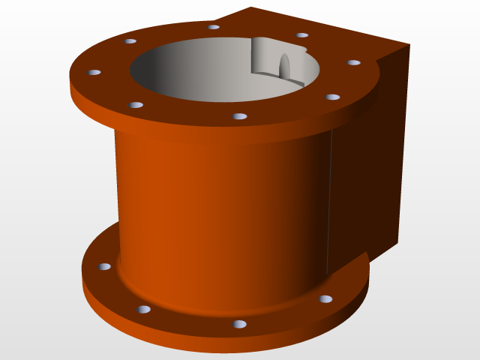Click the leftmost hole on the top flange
(94, 72)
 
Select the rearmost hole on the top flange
(214, 27)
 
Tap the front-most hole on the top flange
(240, 116)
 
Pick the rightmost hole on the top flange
(354, 62)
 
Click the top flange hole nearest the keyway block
(302, 34)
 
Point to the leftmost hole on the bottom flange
(104, 266)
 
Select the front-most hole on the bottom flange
(239, 324)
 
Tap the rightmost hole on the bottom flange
(325, 298)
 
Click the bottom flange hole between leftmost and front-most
(143, 309)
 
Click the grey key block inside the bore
(266, 56)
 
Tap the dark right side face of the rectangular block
(367, 165)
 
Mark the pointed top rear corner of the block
(250, 8)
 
